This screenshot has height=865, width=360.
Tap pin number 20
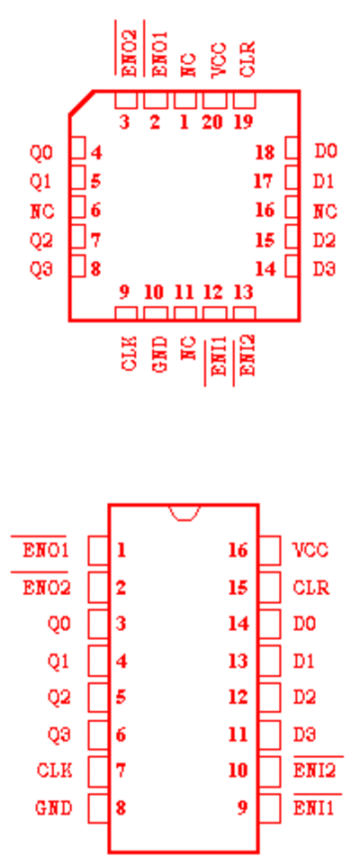(212, 122)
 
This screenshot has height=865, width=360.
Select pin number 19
(243, 122)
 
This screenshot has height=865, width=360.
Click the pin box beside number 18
(292, 149)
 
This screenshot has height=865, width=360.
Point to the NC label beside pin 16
(325, 212)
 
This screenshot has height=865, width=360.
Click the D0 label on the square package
(325, 150)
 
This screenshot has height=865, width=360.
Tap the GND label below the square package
(160, 356)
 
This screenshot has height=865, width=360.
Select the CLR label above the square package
(248, 59)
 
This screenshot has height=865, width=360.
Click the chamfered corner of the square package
(81, 103)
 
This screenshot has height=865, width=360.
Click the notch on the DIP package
(184, 512)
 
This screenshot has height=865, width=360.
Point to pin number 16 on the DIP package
(238, 550)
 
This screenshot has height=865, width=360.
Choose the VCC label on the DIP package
(310, 550)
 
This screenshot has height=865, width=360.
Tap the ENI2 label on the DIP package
(314, 770)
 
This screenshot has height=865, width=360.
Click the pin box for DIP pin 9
(270, 807)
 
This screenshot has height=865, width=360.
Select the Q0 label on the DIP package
(59, 624)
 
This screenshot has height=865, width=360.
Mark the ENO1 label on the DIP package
(46, 551)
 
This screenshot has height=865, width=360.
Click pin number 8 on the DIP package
(121, 808)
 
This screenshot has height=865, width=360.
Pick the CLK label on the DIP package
(54, 770)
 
